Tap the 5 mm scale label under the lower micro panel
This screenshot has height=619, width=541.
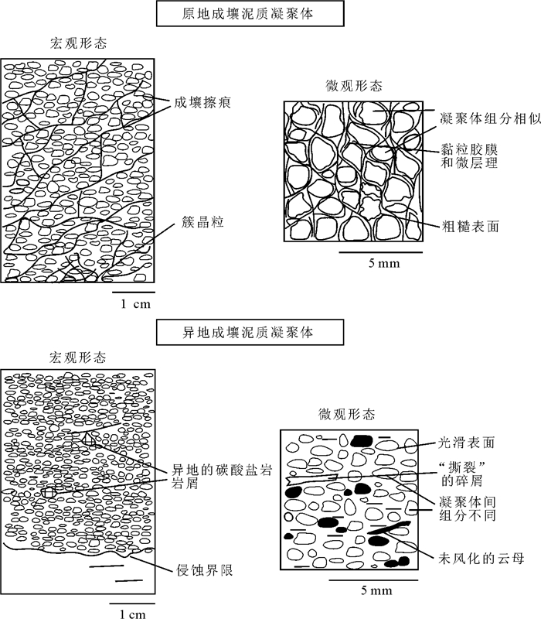[x=376, y=591]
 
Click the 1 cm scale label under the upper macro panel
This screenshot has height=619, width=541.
[x=135, y=304]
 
